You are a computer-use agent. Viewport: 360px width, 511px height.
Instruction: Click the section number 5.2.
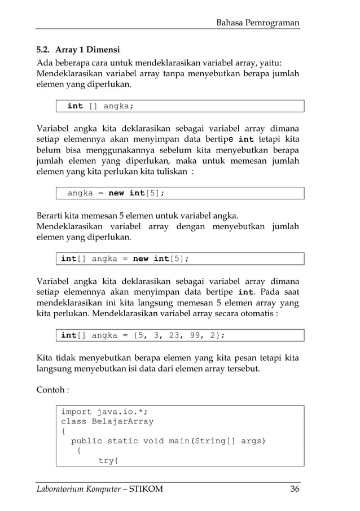coord(43,49)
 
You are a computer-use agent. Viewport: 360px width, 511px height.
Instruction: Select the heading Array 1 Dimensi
coord(87,49)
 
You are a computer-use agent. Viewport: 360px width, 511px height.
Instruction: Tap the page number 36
coord(295,489)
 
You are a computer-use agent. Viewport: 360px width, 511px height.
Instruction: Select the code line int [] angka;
coord(100,106)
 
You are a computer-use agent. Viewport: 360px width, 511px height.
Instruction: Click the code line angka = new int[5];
coord(116,193)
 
